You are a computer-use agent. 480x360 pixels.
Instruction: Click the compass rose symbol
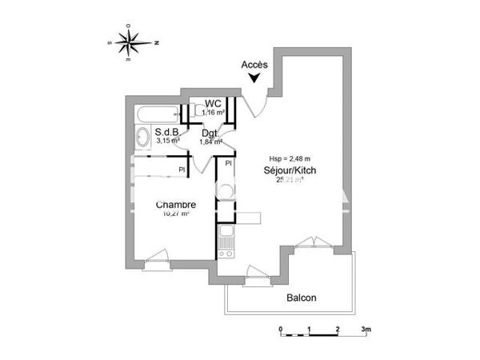pyautogui.click(x=129, y=42)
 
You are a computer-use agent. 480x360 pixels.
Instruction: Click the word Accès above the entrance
pyautogui.click(x=254, y=64)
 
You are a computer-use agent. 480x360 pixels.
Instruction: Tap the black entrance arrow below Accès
pyautogui.click(x=254, y=78)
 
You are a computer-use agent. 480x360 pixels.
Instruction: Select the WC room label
pyautogui.click(x=213, y=104)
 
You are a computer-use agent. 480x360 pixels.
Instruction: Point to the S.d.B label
pyautogui.click(x=166, y=132)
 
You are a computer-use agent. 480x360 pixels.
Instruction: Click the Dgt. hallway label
pyautogui.click(x=211, y=133)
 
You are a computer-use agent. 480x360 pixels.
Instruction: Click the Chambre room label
pyautogui.click(x=176, y=204)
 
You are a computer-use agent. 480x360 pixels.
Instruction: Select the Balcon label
pyautogui.click(x=302, y=298)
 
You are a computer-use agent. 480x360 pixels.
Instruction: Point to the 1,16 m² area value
pyautogui.click(x=213, y=113)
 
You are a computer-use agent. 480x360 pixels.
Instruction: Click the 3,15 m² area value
pyautogui.click(x=168, y=141)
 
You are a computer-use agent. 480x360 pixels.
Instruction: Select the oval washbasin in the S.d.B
pyautogui.click(x=142, y=137)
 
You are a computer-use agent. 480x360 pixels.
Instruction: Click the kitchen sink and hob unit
pyautogui.click(x=226, y=238)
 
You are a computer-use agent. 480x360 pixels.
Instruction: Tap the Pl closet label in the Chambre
pyautogui.click(x=182, y=169)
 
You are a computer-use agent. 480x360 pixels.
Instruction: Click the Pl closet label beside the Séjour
pyautogui.click(x=228, y=163)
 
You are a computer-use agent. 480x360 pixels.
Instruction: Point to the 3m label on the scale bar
pyautogui.click(x=367, y=329)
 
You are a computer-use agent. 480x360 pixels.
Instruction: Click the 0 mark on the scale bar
pyautogui.click(x=281, y=329)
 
